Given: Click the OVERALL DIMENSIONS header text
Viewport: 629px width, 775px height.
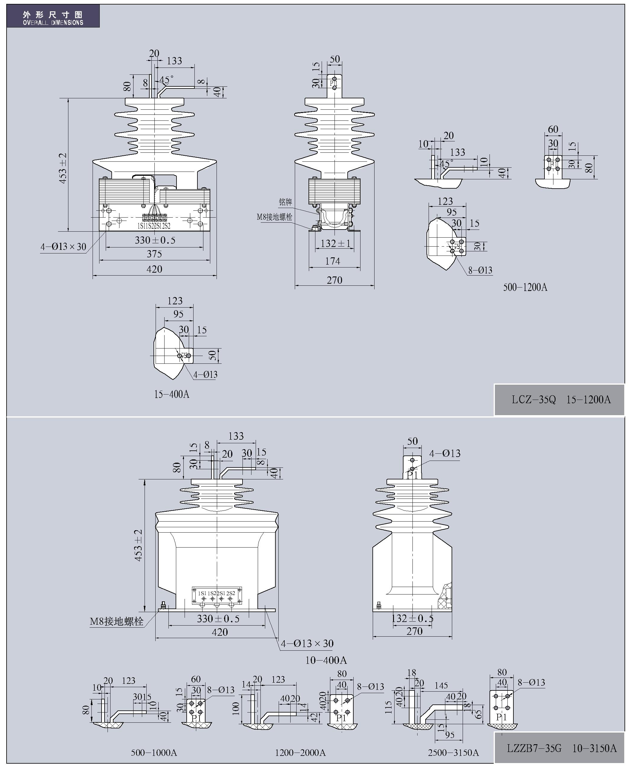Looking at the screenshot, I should point(53,22).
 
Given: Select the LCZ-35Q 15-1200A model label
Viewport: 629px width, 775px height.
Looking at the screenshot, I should point(561,400).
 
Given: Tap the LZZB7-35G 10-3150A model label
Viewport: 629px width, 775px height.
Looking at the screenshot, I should point(561,748).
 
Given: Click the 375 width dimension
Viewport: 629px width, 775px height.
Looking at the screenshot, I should point(154,254).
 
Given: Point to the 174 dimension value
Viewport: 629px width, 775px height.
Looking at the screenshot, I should point(333,261).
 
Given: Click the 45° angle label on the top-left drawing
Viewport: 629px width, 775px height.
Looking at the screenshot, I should point(166,80).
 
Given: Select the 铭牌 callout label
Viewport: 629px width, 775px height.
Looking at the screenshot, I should point(286,202).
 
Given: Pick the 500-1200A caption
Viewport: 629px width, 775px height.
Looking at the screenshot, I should point(525,288).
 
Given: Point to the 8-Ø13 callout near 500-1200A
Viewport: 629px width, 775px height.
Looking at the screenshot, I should point(480,270).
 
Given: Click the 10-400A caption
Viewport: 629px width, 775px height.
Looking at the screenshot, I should point(326,660).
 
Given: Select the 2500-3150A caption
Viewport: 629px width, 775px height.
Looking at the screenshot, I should point(453,753).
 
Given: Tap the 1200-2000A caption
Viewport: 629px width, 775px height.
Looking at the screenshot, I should point(300,753).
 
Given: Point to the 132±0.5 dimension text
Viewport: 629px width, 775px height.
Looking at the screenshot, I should point(413,618).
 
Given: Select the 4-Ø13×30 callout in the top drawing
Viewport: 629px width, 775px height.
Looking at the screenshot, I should point(63,247).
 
